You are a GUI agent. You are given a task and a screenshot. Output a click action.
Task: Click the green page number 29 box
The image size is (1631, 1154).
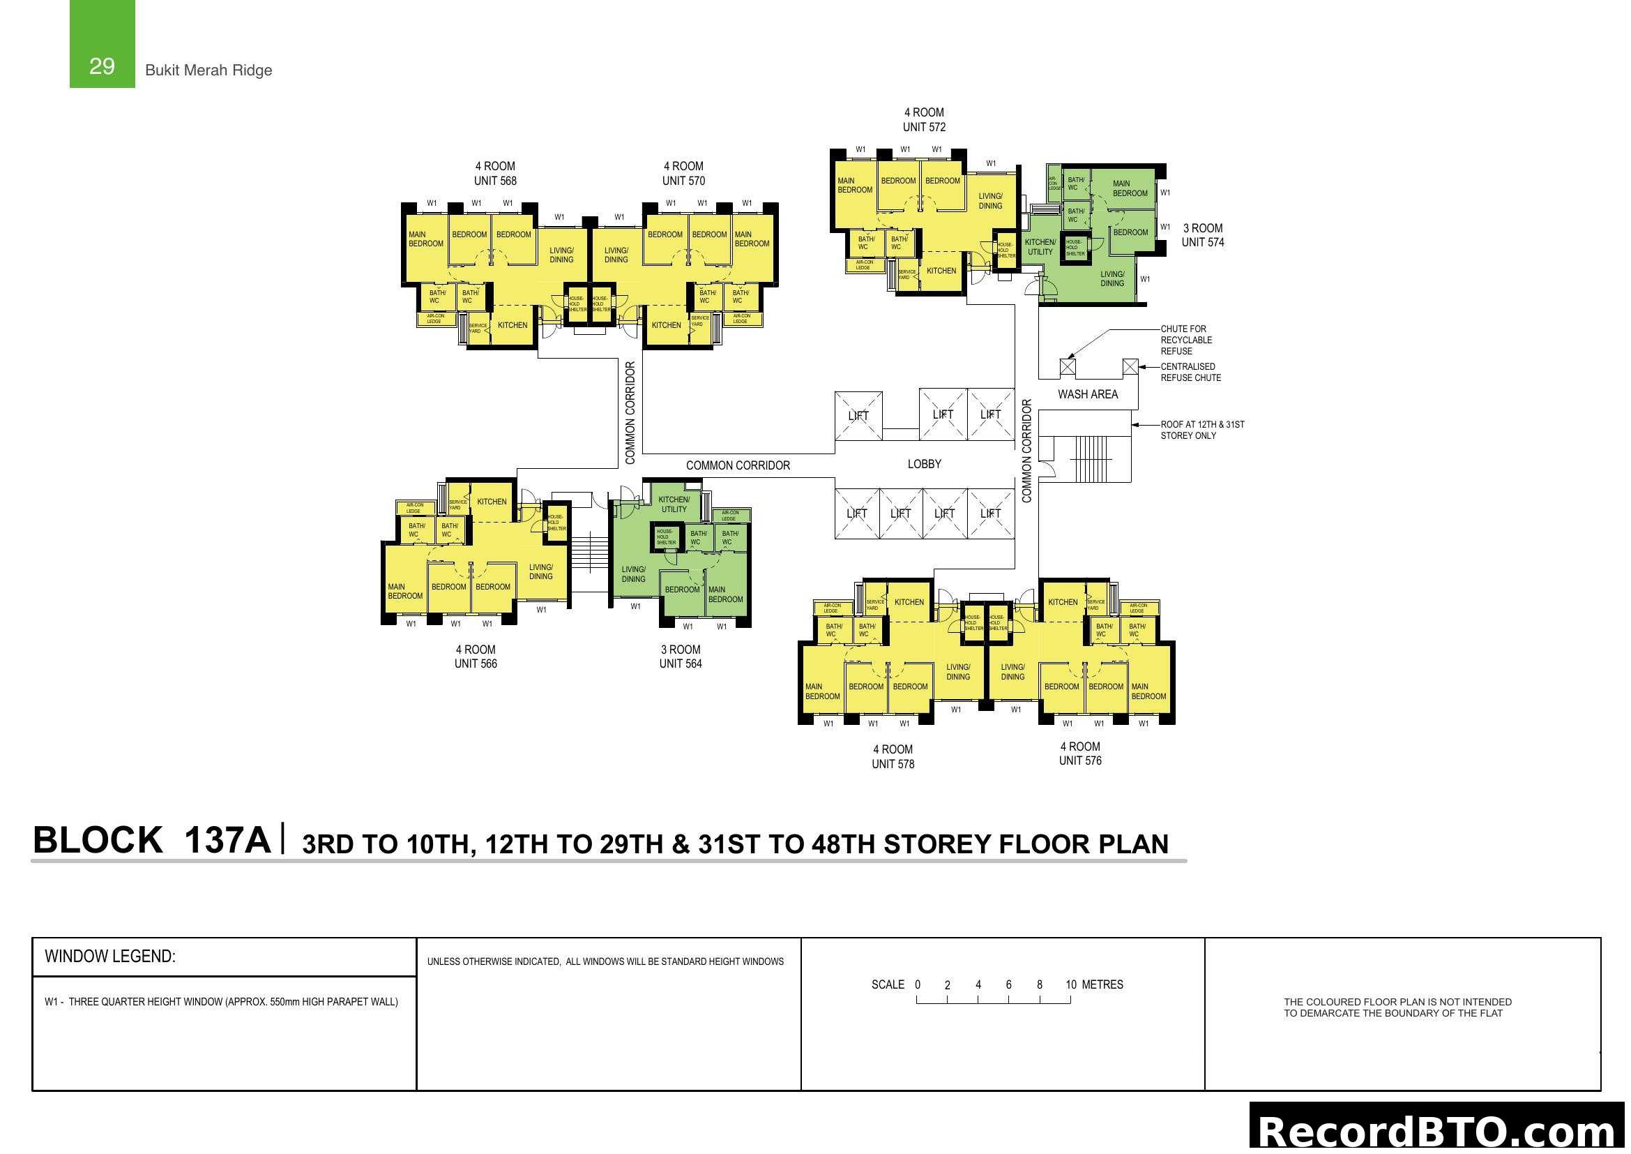click(102, 44)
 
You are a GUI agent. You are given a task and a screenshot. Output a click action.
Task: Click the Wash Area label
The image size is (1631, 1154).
click(1087, 394)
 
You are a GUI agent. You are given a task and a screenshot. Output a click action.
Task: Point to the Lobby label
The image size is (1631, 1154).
click(923, 464)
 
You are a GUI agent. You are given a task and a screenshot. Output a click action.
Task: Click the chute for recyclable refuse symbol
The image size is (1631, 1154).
click(1067, 367)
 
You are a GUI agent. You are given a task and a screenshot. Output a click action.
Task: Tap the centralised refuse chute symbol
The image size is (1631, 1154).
click(1130, 367)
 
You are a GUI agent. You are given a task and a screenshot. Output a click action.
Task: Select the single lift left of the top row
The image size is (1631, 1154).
click(858, 416)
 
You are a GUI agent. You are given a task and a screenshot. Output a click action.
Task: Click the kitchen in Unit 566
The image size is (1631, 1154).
click(492, 502)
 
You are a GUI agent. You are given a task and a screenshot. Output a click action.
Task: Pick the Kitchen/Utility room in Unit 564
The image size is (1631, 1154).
click(674, 504)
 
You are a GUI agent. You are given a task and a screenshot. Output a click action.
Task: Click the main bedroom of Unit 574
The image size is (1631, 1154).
click(1130, 188)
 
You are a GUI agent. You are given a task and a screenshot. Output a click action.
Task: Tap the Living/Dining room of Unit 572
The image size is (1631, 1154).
click(989, 201)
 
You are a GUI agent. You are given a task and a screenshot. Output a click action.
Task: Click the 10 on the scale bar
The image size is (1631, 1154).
click(1070, 985)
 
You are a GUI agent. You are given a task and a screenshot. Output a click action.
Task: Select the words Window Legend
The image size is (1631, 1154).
click(110, 957)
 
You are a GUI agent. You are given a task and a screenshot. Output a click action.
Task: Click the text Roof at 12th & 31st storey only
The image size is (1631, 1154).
click(1202, 430)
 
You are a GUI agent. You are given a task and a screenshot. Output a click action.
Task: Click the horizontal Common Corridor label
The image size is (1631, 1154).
click(737, 465)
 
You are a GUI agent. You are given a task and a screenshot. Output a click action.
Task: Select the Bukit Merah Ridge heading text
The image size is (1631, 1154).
click(208, 70)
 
